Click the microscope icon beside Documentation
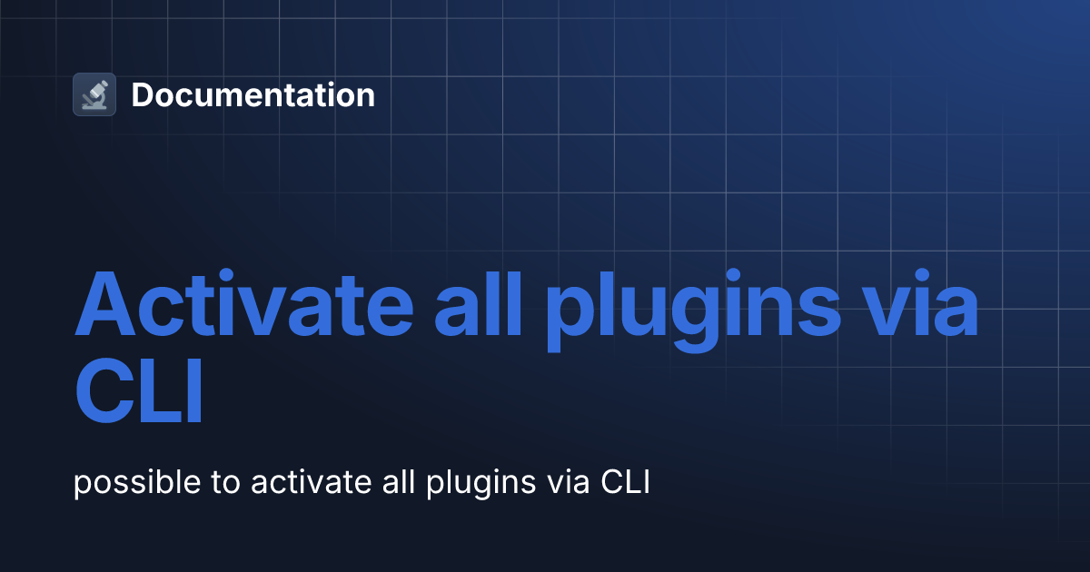pyautogui.click(x=94, y=94)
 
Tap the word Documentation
pyautogui.click(x=253, y=95)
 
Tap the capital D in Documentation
pyautogui.click(x=142, y=95)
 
